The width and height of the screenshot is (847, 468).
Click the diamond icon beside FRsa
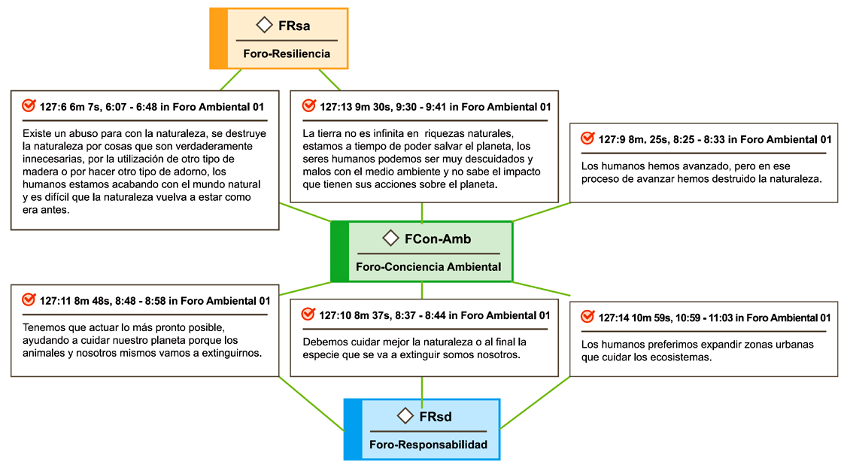point(264,25)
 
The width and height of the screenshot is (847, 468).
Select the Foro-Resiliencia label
point(287,54)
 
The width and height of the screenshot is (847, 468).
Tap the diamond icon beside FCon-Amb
point(390,239)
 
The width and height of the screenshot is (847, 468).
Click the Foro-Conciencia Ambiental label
point(428,267)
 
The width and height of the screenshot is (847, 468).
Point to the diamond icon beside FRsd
point(405,415)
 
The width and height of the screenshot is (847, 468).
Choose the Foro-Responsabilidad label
point(428,445)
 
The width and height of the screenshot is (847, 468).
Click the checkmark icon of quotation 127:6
point(29,106)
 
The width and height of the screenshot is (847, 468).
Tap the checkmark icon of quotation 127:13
point(308,106)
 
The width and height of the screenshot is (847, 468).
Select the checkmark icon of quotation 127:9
point(587,139)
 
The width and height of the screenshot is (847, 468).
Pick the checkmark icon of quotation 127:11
point(29,299)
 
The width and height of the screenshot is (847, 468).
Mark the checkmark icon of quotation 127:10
point(308,315)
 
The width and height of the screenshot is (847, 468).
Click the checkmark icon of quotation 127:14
point(587,317)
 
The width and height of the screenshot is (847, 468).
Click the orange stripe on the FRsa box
point(218,38)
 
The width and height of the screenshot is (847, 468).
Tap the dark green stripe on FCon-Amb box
point(339,252)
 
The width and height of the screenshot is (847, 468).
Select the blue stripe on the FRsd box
point(353,430)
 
